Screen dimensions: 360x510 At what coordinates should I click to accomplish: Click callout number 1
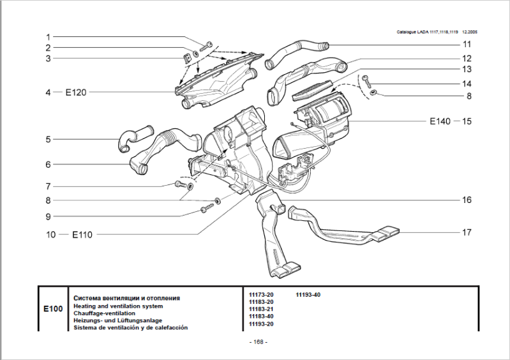(47, 37)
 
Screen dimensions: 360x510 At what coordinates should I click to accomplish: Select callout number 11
(467, 45)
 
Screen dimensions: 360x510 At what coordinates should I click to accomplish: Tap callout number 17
(467, 232)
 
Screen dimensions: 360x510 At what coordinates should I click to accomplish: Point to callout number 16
(467, 200)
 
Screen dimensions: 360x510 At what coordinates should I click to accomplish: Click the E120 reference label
(76, 92)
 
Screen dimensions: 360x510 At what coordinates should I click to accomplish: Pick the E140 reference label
(440, 120)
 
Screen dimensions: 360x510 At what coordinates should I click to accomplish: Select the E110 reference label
(82, 234)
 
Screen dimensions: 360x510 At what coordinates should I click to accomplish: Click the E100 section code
(53, 310)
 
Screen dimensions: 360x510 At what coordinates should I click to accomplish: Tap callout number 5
(47, 139)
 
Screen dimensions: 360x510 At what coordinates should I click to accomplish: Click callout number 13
(467, 69)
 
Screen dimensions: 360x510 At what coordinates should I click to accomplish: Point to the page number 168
(259, 342)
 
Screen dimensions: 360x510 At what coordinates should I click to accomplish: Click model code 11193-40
(308, 295)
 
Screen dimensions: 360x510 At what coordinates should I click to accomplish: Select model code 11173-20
(260, 295)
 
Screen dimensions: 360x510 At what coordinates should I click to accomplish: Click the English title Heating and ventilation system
(117, 306)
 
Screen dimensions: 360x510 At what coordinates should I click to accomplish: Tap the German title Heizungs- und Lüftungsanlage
(118, 320)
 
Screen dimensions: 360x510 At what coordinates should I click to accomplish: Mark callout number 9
(47, 216)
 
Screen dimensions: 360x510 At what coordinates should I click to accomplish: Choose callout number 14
(467, 84)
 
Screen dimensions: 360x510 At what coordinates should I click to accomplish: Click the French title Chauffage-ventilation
(105, 313)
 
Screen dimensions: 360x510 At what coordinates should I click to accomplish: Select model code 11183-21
(260, 310)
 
